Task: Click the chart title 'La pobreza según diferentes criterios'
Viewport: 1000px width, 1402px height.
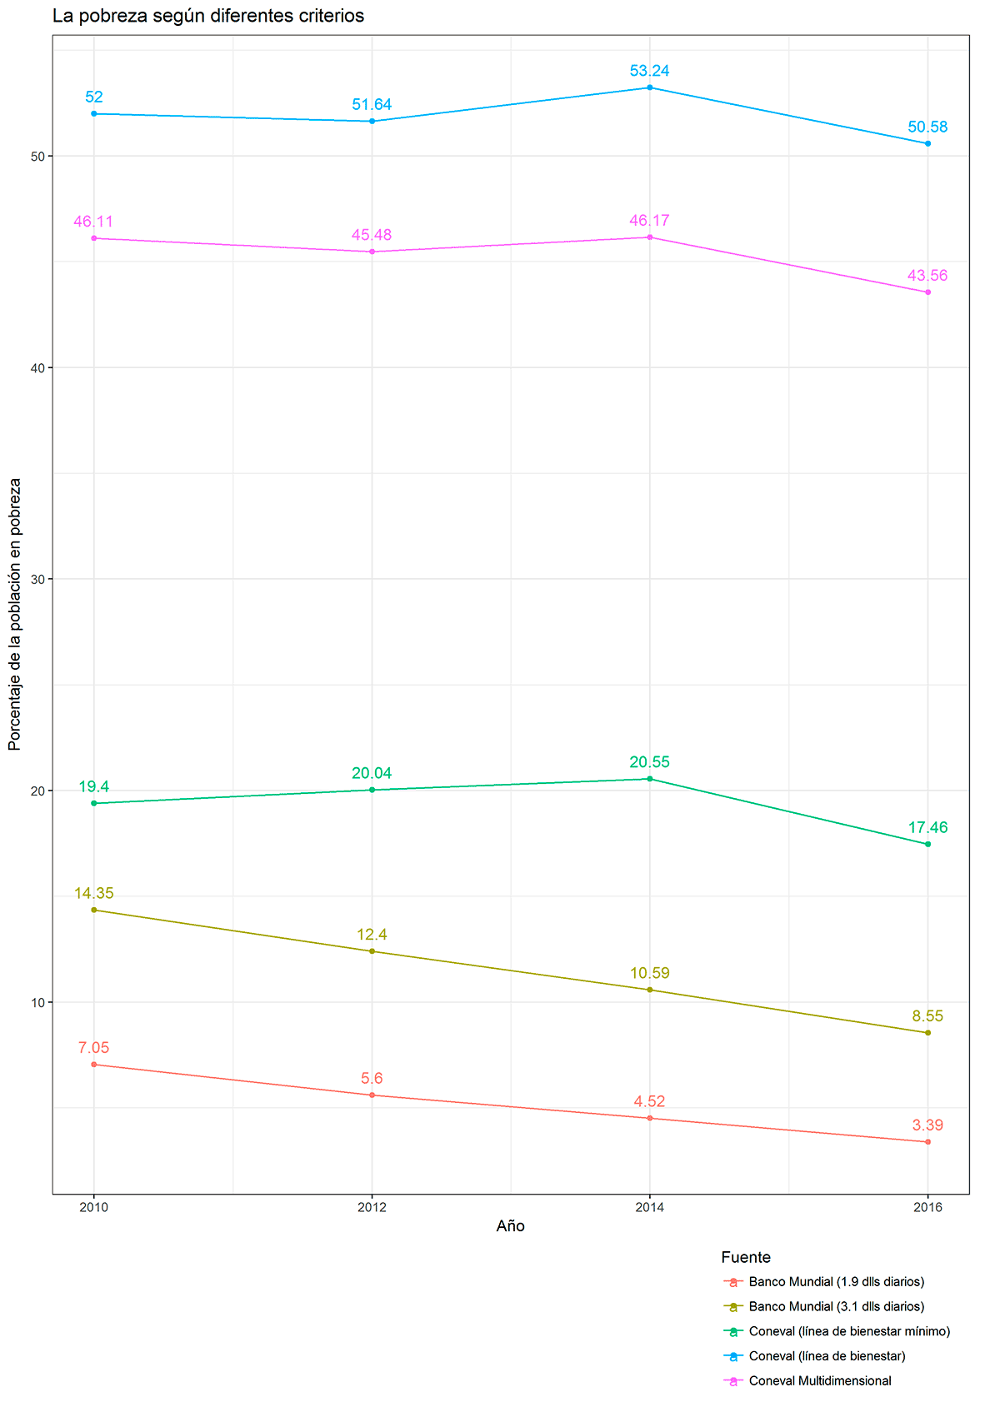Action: tap(207, 16)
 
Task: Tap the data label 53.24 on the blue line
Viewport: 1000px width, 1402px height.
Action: tap(649, 71)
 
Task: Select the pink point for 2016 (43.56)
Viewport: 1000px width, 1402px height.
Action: tap(927, 292)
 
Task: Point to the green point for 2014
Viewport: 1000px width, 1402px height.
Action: tap(649, 779)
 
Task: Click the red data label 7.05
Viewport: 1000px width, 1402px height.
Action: tap(93, 1048)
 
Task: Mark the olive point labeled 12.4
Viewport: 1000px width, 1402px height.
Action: tap(372, 951)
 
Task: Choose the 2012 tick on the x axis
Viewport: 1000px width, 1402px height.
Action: tap(372, 1207)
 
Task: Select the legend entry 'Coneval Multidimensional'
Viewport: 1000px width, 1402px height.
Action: tap(820, 1381)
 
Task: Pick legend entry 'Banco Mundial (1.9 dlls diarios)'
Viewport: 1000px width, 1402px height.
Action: tap(837, 1282)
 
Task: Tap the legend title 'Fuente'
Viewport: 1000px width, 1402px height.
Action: tap(746, 1258)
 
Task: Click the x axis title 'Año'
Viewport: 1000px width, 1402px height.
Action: tap(510, 1226)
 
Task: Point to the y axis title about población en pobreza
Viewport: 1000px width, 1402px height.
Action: tap(15, 614)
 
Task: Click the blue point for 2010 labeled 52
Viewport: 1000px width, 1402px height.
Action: tap(93, 113)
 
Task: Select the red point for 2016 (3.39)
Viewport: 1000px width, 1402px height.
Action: tap(927, 1142)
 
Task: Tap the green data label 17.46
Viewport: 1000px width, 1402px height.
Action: tap(927, 828)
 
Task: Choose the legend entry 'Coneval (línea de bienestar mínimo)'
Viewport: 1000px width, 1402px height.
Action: tap(849, 1332)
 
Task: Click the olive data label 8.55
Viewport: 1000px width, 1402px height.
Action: tap(927, 1016)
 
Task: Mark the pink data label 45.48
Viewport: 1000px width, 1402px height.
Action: tap(372, 236)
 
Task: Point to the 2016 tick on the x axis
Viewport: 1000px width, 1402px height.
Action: tap(927, 1207)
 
